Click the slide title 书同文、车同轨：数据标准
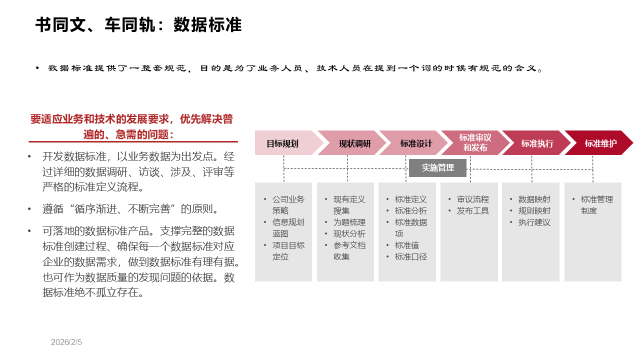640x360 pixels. [138, 25]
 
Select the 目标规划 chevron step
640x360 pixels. [282, 143]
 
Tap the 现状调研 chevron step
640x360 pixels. [354, 143]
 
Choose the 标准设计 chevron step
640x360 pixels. [416, 143]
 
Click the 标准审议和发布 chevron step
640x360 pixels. [475, 143]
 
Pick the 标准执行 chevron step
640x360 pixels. [537, 143]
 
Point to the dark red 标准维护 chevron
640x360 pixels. [600, 143]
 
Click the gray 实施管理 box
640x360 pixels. [437, 168]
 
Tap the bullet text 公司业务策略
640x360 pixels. [288, 205]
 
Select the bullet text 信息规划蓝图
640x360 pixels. [288, 228]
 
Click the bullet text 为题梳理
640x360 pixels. [349, 222]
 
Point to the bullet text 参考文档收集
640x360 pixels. [349, 251]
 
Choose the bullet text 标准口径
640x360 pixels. [411, 257]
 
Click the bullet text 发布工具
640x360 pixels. [473, 211]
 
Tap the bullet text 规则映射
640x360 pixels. [534, 211]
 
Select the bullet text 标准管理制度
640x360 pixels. [596, 205]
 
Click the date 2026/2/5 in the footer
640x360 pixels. [66, 342]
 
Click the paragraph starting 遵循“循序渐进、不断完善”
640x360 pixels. [130, 209]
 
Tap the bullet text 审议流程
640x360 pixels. [473, 199]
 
